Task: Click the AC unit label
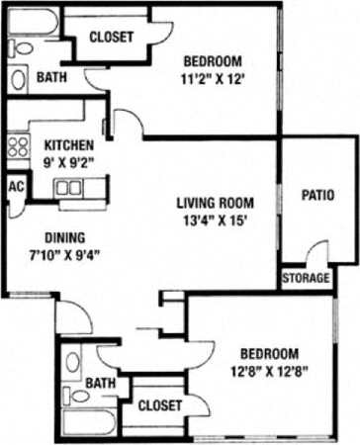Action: (x=15, y=187)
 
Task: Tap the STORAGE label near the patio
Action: (x=306, y=279)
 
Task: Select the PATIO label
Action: (x=317, y=195)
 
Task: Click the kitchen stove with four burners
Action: (x=17, y=147)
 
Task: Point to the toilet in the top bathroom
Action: (x=19, y=77)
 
